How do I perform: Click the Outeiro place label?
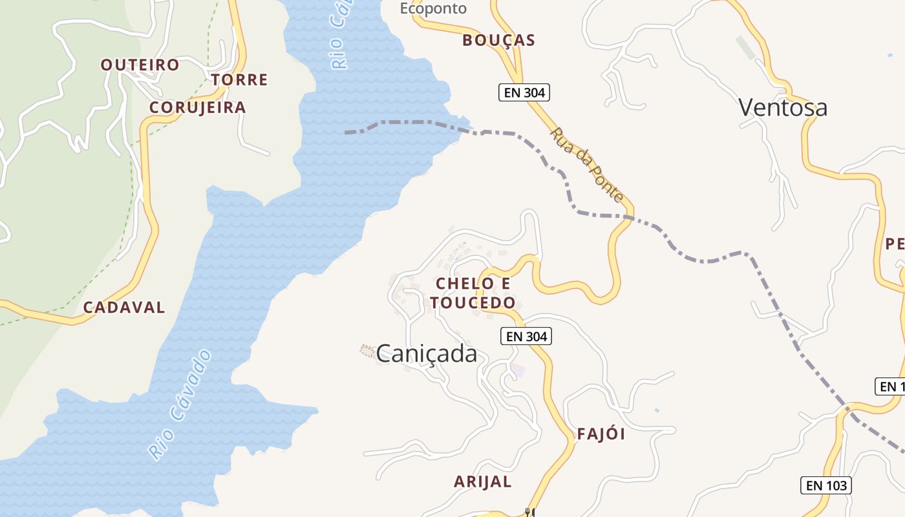(140, 65)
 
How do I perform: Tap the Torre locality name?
(239, 80)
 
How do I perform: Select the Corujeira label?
(198, 107)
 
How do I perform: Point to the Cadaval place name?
(124, 308)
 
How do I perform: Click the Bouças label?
(498, 41)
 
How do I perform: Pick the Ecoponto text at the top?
(433, 8)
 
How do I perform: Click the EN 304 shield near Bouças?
(524, 93)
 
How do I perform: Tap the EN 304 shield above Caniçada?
(526, 337)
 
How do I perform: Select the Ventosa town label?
(782, 107)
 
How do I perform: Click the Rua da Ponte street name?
(587, 165)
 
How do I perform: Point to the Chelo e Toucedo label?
(473, 293)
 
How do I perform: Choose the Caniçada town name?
(427, 353)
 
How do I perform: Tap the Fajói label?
(601, 434)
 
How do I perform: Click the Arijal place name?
(482, 481)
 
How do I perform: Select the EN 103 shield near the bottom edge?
(826, 485)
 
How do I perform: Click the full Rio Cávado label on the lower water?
(180, 405)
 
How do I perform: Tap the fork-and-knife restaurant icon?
(530, 512)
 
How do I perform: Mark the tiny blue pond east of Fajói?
(657, 410)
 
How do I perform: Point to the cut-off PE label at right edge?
(895, 244)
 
